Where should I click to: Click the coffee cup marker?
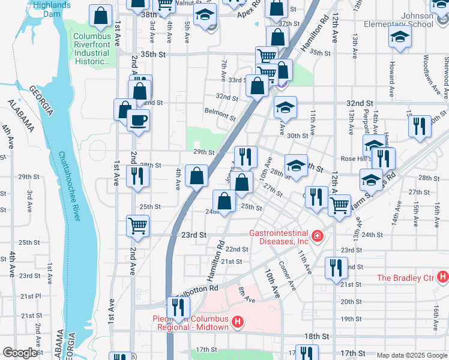coord(137,120)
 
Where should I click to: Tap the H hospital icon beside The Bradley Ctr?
coord(442,277)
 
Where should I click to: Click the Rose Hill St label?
coord(353,158)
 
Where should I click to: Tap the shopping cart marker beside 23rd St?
coord(137,226)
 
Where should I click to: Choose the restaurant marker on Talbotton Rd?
coord(179,307)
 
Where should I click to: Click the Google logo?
coord(20,353)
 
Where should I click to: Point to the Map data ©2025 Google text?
coord(411,355)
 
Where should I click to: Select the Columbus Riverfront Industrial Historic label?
coord(91,49)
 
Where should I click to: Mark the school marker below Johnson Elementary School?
coord(400,37)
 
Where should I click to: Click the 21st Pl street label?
coord(29,296)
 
